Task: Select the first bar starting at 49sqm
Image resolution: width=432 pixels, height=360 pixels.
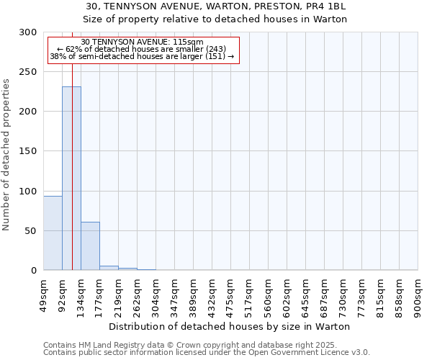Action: tap(53, 233)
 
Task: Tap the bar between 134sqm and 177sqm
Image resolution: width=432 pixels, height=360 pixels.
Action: tap(90, 246)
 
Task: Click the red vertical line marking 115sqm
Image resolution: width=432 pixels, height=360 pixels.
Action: tap(73, 144)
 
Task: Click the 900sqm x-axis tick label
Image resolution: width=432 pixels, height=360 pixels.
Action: tap(418, 295)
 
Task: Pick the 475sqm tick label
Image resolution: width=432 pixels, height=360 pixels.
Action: tap(231, 295)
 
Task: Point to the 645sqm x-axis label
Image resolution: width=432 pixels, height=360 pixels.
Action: tap(306, 295)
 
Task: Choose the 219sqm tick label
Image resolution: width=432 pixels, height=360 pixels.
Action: tap(119, 295)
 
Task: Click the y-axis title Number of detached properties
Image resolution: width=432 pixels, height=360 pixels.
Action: tap(7, 155)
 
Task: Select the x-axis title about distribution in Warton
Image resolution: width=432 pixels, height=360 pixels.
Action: tap(230, 326)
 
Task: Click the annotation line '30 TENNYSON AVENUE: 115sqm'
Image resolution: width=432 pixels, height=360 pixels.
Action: tap(142, 42)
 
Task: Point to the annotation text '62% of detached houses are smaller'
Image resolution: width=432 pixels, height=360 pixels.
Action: tap(142, 49)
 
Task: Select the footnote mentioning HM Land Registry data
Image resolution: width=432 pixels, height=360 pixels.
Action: tap(189, 346)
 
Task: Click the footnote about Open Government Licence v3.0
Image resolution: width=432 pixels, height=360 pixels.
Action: tap(207, 353)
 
